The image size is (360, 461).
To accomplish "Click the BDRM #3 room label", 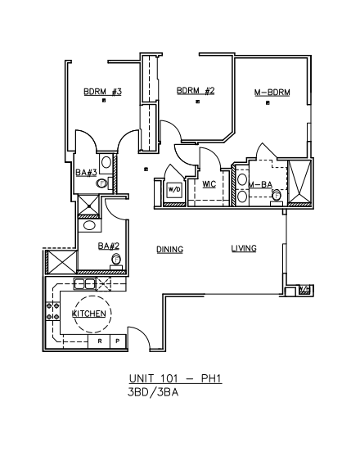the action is click(x=102, y=92).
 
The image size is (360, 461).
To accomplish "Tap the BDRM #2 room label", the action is click(x=196, y=91).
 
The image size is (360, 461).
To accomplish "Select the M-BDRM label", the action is click(x=272, y=93).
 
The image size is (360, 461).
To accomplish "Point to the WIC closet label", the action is click(x=209, y=184).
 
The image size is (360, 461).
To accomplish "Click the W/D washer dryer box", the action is click(x=174, y=190).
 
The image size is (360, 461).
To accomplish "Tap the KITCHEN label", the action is click(x=88, y=314).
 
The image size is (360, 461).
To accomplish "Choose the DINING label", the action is click(x=170, y=250).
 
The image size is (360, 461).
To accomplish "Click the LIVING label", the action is click(x=244, y=249).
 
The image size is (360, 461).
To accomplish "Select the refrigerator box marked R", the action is click(x=99, y=341).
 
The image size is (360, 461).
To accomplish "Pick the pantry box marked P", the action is click(x=118, y=341).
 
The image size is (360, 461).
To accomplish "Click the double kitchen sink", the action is click(x=85, y=284).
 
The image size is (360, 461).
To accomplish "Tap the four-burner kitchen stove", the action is click(x=53, y=311).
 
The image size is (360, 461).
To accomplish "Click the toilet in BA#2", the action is click(x=116, y=262).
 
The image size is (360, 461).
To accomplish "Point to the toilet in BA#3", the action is click(x=104, y=183).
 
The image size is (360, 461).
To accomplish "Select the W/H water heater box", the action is click(x=304, y=290).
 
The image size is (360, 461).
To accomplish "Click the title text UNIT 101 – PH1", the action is click(x=175, y=378).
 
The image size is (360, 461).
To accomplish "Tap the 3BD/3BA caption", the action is click(x=153, y=392).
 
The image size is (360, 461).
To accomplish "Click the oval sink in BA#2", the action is click(x=88, y=226).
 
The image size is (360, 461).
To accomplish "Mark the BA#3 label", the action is click(x=86, y=173).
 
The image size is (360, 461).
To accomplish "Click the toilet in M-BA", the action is click(x=277, y=197).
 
